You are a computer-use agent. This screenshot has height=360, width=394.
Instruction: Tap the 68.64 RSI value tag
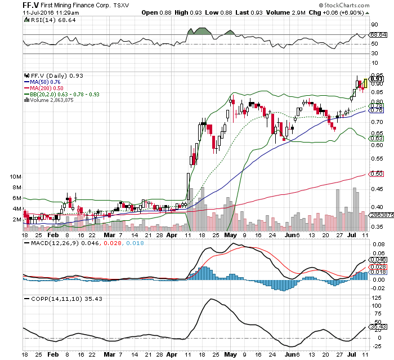click(376, 35)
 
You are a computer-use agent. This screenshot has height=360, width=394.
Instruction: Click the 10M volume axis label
click(16, 177)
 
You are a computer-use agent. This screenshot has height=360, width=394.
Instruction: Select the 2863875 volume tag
click(378, 215)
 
